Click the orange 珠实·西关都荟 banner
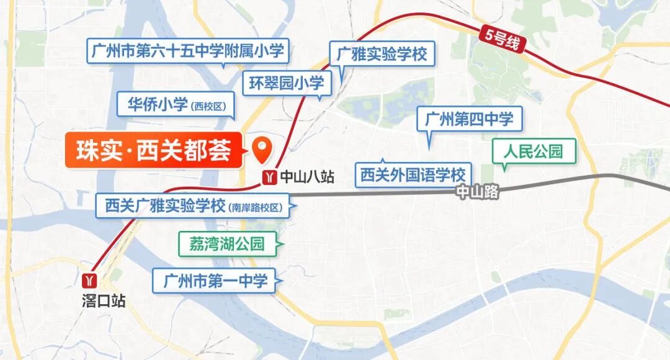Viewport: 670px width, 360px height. coord(153,150)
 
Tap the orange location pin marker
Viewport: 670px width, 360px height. coord(262,147)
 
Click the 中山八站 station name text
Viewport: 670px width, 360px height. coord(307,178)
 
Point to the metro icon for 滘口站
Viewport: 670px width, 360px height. coord(91,279)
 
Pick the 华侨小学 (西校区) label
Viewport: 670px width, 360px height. coord(176,104)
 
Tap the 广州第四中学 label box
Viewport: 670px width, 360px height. coord(470,119)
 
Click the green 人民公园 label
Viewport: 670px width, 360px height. coord(534,151)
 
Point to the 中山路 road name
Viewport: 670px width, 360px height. coord(477,192)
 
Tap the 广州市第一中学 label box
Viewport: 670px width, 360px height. coord(215,281)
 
